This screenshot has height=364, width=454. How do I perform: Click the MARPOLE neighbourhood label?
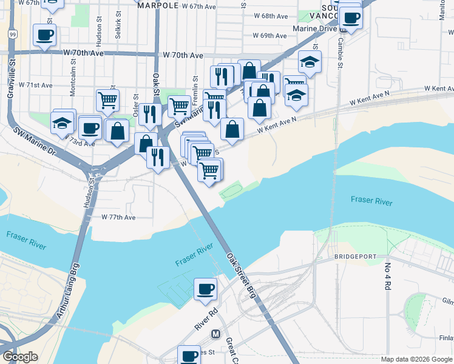pyautogui.click(x=158, y=5)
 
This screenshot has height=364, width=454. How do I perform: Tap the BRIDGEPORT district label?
pyautogui.click(x=356, y=257)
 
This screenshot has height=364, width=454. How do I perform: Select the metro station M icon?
pyautogui.click(x=215, y=334)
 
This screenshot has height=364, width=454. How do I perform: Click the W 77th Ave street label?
pyautogui.click(x=118, y=217)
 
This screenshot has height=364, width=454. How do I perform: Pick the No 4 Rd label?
pyautogui.click(x=387, y=277)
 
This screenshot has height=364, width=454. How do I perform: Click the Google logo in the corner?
pyautogui.click(x=19, y=357)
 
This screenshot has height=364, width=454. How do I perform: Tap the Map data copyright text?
pyautogui.click(x=416, y=359)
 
